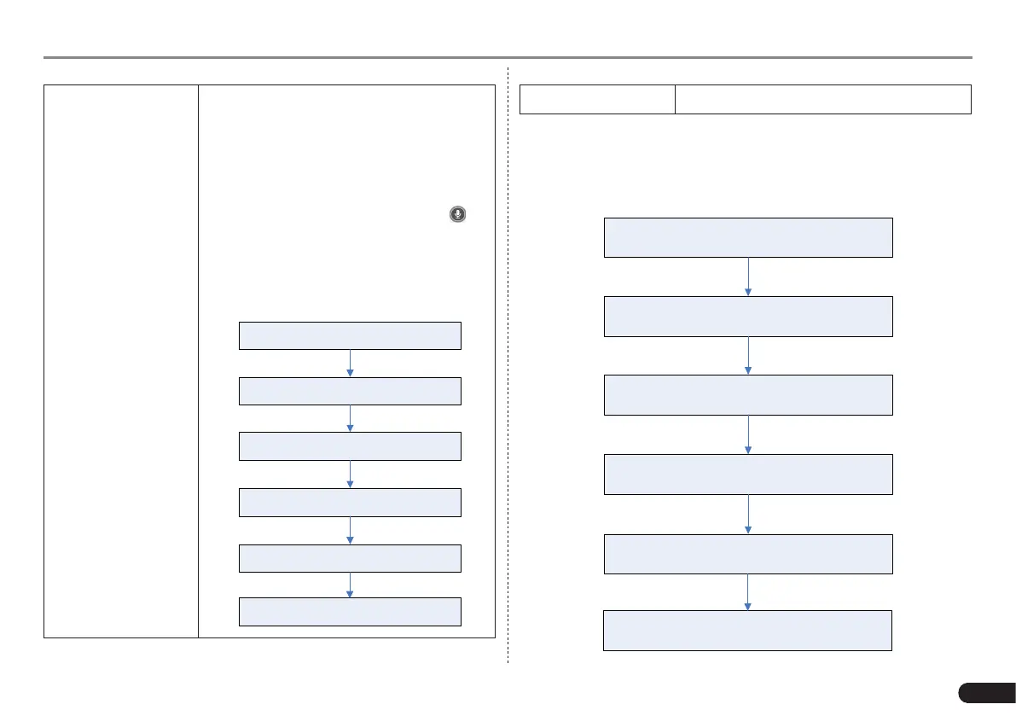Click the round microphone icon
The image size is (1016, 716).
click(x=458, y=214)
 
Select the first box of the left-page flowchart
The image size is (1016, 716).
click(x=350, y=335)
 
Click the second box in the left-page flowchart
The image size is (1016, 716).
click(x=350, y=391)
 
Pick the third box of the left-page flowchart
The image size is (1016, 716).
click(x=350, y=446)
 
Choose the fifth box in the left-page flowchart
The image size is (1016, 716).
click(x=350, y=558)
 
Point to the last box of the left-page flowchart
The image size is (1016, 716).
click(x=350, y=612)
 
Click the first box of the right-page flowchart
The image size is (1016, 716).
click(x=748, y=237)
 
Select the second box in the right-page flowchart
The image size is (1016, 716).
click(x=748, y=317)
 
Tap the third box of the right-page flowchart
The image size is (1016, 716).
click(x=748, y=395)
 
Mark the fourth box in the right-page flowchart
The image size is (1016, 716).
click(x=748, y=474)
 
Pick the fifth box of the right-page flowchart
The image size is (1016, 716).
click(x=748, y=554)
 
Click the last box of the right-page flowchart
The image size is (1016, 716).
click(x=747, y=631)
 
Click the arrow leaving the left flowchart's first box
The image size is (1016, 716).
click(x=351, y=364)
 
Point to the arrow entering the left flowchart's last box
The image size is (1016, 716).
click(x=351, y=585)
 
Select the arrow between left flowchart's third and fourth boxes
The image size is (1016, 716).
click(x=351, y=474)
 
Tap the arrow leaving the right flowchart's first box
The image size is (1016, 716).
click(x=748, y=277)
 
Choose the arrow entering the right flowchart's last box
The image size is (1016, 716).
click(x=748, y=592)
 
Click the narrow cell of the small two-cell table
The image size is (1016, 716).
click(x=597, y=99)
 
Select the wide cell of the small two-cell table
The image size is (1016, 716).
click(x=823, y=99)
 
